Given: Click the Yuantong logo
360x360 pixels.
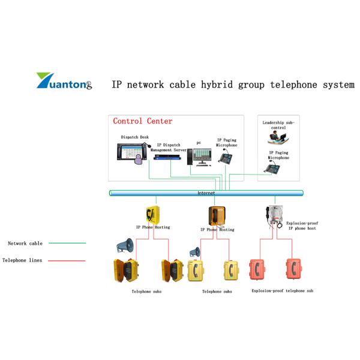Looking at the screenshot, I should click(64, 81).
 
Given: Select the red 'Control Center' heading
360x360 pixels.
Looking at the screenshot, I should click(142, 121).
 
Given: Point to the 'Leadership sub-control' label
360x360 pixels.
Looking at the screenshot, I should click(278, 125).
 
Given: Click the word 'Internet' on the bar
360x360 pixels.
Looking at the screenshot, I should click(206, 193).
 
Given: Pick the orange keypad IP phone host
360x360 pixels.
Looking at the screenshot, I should click(217, 215).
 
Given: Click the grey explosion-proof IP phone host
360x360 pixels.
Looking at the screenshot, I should click(273, 215).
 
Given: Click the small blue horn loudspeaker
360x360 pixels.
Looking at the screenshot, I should click(194, 252).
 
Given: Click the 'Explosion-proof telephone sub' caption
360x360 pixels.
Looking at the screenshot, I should click(282, 290).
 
